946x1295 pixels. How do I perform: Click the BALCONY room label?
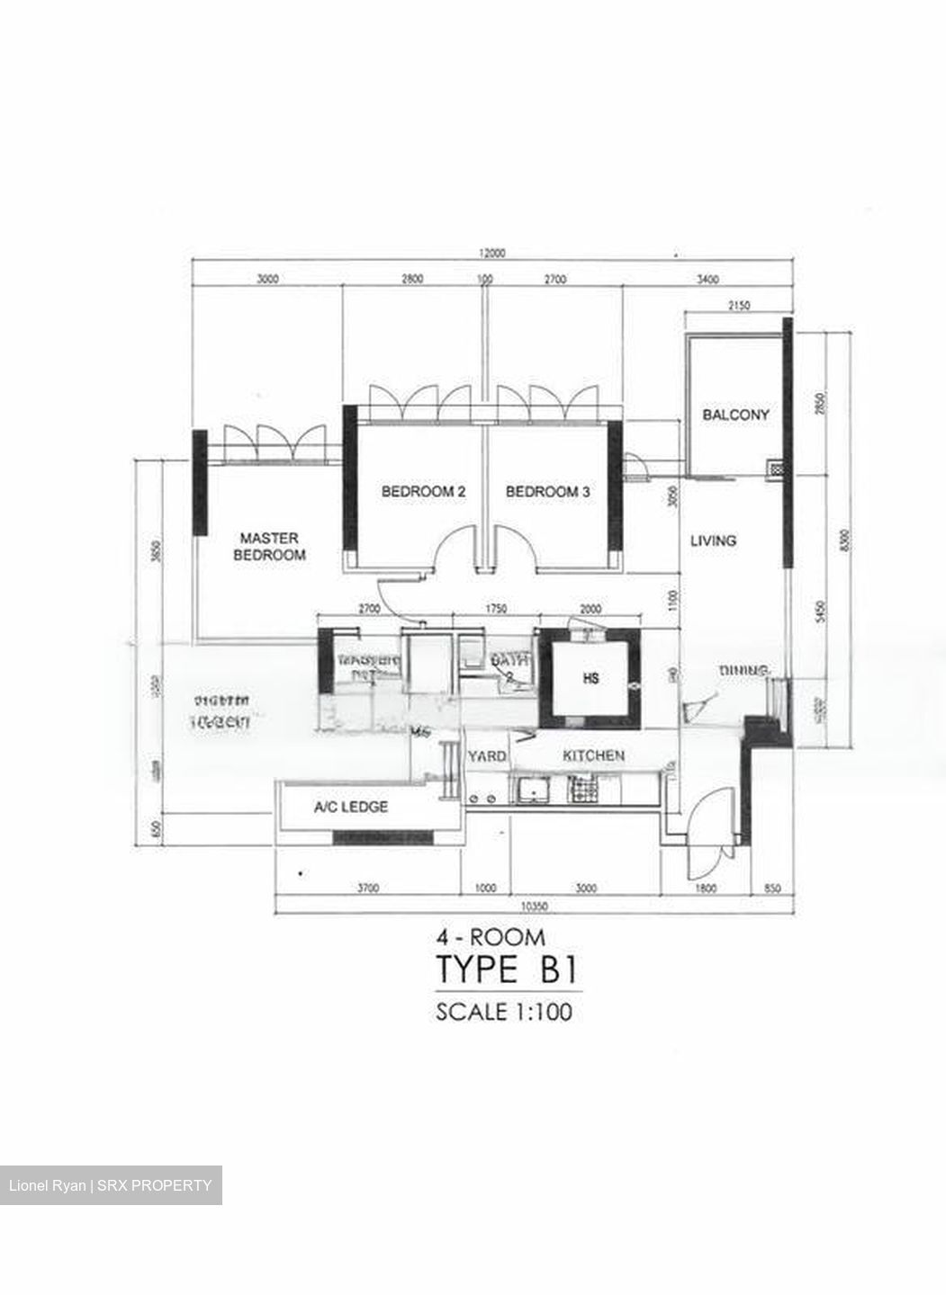(735, 415)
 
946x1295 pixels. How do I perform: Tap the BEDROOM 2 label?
(423, 492)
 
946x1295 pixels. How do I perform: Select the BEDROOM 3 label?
(547, 492)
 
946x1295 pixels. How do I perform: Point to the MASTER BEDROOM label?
(269, 547)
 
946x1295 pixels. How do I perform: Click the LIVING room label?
(713, 540)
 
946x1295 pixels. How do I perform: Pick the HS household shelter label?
(590, 678)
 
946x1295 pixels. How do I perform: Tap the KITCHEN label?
(593, 755)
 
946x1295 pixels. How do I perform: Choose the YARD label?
(487, 756)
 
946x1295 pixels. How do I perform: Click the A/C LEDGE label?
(351, 807)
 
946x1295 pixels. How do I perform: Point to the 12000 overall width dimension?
(492, 253)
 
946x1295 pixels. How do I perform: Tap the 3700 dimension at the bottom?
(367, 889)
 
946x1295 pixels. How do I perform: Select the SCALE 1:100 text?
(504, 1012)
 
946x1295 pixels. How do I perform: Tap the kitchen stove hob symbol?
(585, 792)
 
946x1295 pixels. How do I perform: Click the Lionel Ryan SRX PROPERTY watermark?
(111, 1185)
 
